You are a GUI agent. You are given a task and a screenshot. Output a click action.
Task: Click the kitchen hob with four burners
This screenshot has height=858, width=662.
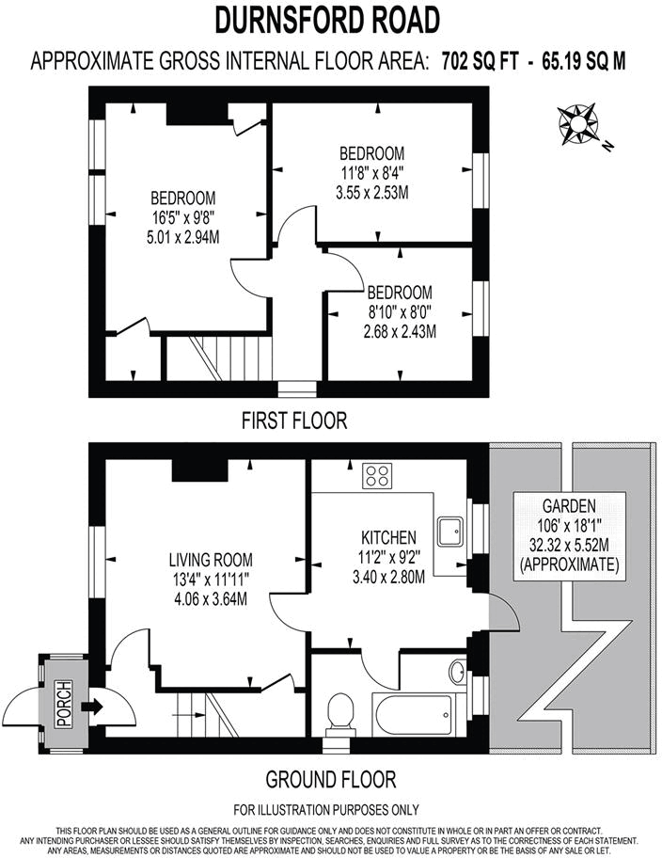click(x=378, y=476)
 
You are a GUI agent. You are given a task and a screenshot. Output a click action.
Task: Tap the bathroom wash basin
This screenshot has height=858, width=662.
click(x=456, y=673)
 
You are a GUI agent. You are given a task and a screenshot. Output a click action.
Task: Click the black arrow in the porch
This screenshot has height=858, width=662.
click(x=91, y=705)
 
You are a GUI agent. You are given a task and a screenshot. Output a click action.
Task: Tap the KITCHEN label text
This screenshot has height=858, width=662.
click(x=386, y=537)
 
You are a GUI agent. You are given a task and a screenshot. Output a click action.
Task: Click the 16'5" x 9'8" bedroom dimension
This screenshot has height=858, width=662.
click(x=184, y=217)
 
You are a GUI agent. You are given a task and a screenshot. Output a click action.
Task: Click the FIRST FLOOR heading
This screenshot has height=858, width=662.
click(x=293, y=421)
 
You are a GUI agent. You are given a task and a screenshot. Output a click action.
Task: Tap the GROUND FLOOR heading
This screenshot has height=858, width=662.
click(x=330, y=780)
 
